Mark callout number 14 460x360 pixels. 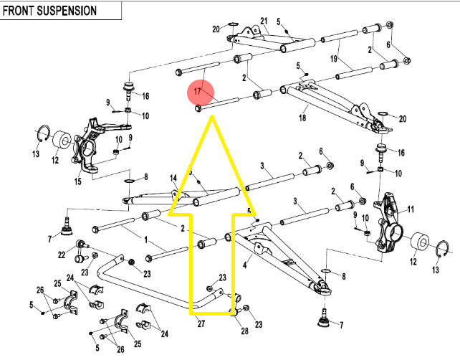173,178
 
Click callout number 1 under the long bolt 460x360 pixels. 146,240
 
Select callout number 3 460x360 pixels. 263,166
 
